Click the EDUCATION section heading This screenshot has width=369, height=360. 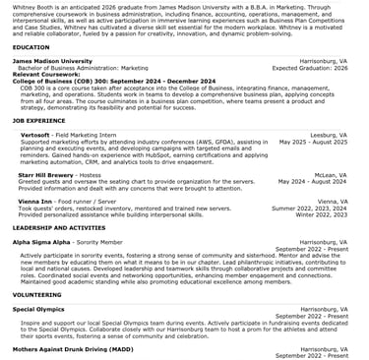point(31,46)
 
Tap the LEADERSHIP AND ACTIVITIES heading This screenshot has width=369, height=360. point(59,226)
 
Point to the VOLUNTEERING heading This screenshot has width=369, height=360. point(36,294)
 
